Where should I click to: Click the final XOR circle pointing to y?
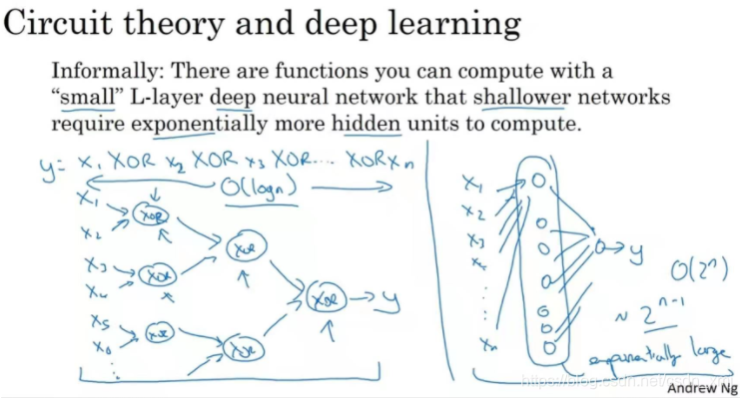323,296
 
